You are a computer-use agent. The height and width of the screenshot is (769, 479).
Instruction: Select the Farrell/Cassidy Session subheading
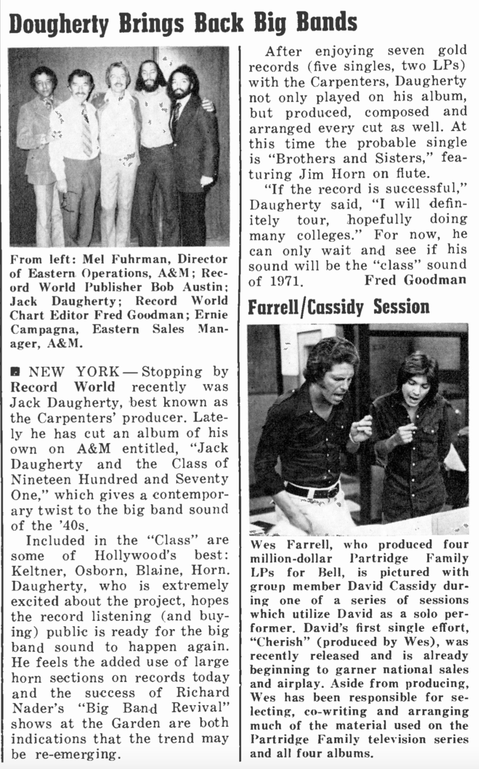338,307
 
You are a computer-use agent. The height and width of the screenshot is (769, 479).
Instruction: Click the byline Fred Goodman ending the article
416,280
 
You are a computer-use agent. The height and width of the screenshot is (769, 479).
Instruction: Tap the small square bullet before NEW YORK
15,372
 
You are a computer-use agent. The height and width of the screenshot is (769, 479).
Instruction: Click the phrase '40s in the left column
71,526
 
